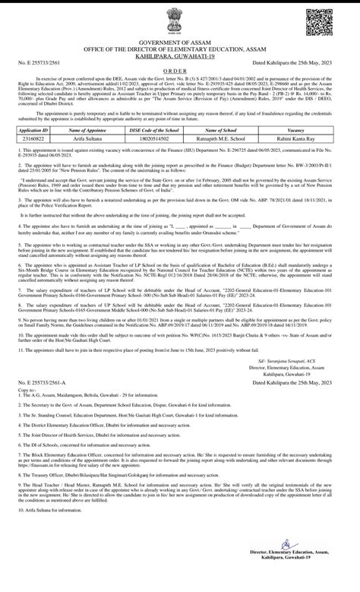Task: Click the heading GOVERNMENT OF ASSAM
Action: click(x=179, y=44)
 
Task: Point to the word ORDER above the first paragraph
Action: click(x=179, y=76)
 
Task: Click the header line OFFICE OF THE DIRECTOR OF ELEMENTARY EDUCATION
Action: click(x=179, y=50)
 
